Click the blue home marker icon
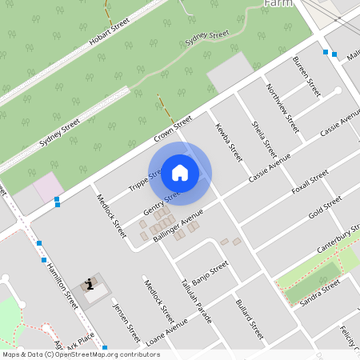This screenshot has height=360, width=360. pos(180,172)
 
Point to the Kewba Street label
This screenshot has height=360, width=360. pos(228,142)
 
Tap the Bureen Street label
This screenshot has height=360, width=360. pos(306,77)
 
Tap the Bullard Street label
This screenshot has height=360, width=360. pos(250,319)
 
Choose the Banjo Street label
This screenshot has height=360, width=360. pos(211,269)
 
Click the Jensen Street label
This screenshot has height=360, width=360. pos(126,322)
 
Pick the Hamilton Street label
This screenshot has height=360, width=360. pos(62,286)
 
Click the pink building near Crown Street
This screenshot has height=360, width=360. pos(48,189)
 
